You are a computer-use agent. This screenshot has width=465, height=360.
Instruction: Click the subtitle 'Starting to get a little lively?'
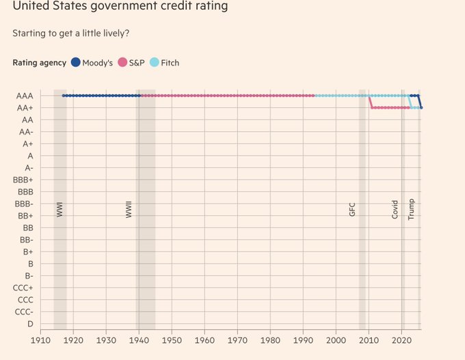click(x=70, y=32)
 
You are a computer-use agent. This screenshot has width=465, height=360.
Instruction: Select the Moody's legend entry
click(x=92, y=63)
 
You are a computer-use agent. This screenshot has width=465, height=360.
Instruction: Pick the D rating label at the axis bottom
click(x=30, y=323)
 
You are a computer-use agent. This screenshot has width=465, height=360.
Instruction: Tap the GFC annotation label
click(x=352, y=209)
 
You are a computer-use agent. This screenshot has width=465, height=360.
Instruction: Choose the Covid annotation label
click(x=395, y=209)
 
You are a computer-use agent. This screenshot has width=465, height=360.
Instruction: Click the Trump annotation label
click(x=411, y=208)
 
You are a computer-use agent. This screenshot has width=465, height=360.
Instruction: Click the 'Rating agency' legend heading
click(x=40, y=63)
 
